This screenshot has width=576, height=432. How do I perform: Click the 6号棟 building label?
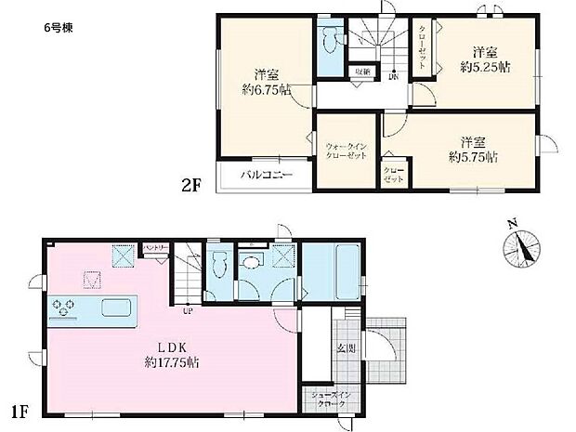coord(57,27)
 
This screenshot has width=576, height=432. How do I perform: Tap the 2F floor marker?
coord(191,184)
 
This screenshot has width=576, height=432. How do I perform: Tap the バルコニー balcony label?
coord(268,174)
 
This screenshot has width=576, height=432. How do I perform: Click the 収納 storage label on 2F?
coord(361,72)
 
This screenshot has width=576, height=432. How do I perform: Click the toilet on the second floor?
coord(329,41)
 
